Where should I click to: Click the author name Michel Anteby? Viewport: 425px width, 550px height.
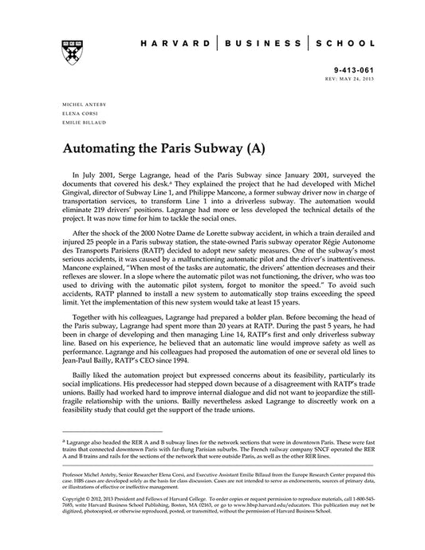coord(81,104)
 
